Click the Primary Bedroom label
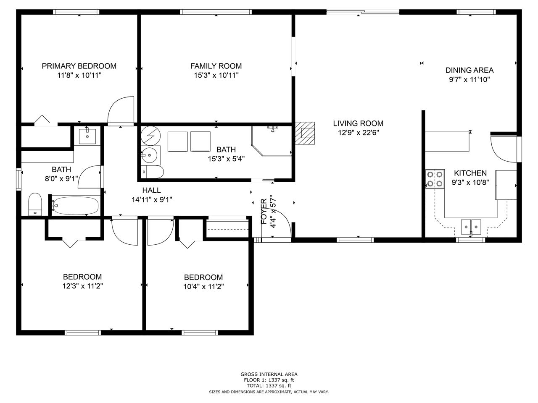(79, 66)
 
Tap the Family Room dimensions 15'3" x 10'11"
(216, 76)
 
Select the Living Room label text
(358, 123)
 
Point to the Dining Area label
(469, 70)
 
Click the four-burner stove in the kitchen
(435, 179)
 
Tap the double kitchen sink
(471, 227)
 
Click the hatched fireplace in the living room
(305, 133)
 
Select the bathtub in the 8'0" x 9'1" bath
(76, 206)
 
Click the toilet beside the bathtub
(35, 204)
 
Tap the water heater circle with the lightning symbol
(150, 136)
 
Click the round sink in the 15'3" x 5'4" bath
(150, 155)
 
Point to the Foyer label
(264, 212)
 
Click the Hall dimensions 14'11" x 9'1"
(152, 200)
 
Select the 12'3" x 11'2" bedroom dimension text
(83, 286)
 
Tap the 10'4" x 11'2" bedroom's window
(200, 332)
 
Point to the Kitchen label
(470, 173)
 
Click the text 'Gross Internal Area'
(269, 374)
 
